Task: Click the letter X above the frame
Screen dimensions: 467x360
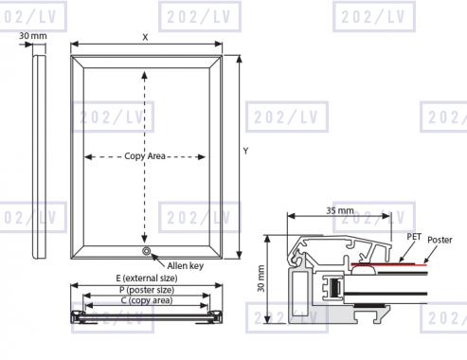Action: point(145,37)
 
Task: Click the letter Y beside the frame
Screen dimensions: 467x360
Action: point(245,152)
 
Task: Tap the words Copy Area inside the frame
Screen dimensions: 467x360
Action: point(145,156)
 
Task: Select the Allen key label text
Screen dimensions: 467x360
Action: point(186,266)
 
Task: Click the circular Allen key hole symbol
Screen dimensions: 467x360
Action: point(146,251)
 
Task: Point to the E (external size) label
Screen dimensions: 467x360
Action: point(147,279)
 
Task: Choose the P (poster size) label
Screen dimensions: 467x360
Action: point(147,290)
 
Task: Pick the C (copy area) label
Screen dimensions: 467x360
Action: point(147,300)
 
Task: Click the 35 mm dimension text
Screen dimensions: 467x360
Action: point(340,210)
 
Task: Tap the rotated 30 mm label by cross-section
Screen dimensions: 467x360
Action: point(261,279)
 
